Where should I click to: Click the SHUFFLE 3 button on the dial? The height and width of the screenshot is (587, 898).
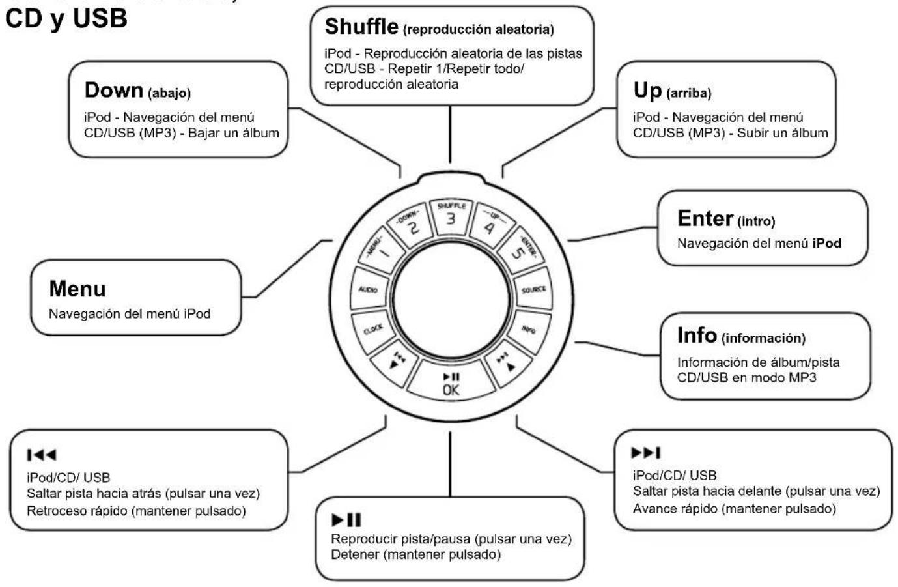pyautogui.click(x=451, y=217)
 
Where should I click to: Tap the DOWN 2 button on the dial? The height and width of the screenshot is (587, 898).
pyautogui.click(x=410, y=225)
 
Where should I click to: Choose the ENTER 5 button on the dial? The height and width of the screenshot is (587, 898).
pyautogui.click(x=521, y=250)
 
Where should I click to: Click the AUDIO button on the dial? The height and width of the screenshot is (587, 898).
pyautogui.click(x=369, y=289)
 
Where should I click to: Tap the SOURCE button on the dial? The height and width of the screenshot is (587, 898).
pyautogui.click(x=533, y=289)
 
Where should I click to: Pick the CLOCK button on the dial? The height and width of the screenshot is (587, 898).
pyautogui.click(x=373, y=330)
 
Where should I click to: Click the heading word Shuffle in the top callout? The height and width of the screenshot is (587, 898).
pyautogui.click(x=361, y=27)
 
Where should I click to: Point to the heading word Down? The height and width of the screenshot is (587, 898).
pyautogui.click(x=113, y=90)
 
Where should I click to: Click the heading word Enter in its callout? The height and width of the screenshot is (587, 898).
pyautogui.click(x=705, y=218)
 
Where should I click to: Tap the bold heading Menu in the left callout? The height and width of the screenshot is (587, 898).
pyautogui.click(x=77, y=289)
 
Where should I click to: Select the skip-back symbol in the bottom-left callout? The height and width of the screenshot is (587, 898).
pyautogui.click(x=42, y=455)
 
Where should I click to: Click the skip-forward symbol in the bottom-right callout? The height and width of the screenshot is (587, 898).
pyautogui.click(x=645, y=453)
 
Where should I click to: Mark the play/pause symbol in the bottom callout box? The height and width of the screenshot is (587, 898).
pyautogui.click(x=346, y=520)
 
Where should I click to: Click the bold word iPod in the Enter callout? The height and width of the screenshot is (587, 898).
pyautogui.click(x=826, y=244)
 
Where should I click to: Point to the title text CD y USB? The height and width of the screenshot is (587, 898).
pyautogui.click(x=66, y=18)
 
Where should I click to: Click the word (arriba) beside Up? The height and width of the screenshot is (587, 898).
pyautogui.click(x=689, y=93)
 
